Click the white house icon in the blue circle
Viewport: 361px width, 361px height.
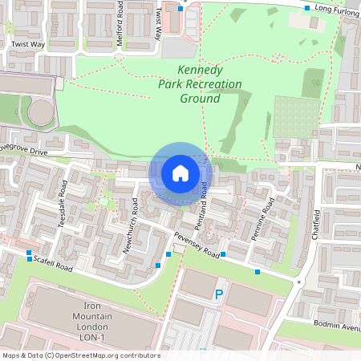(x=180, y=172)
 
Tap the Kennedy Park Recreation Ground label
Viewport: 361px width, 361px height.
(x=189, y=85)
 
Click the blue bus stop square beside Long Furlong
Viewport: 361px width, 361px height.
(x=307, y=9)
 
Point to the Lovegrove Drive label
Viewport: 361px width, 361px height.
(x=25, y=150)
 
